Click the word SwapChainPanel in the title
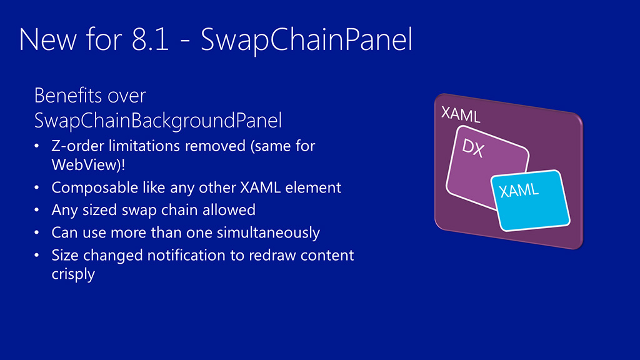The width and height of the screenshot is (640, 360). coord(306,39)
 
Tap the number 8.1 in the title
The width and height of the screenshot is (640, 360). coord(151,39)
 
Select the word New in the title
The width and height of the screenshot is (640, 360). coord(47,39)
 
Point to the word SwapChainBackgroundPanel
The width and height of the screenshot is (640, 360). coord(158,121)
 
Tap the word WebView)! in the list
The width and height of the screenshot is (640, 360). coord(89,164)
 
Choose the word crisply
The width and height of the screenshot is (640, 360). coord(73,274)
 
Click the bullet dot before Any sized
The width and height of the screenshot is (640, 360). coord(37,210)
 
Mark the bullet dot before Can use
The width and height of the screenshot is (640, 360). coord(37,232)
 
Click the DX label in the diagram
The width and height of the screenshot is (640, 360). coord(473,147)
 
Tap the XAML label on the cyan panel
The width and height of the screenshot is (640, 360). coord(519,190)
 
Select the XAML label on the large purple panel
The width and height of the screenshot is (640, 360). coord(461,115)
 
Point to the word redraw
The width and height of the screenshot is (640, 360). coord(272,255)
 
